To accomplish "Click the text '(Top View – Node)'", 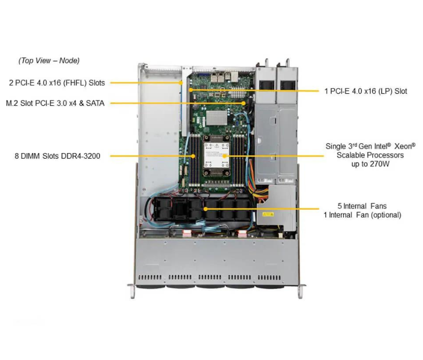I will [x=49, y=61].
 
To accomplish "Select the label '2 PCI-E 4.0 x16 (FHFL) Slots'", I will [x=57, y=82].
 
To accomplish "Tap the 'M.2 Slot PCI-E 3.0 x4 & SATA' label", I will [x=55, y=103].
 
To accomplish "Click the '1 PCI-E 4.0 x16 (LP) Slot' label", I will [x=365, y=91].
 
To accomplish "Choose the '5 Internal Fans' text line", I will [x=363, y=206].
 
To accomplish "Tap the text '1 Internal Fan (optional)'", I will [x=362, y=215].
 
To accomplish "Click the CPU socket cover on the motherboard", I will [x=217, y=155].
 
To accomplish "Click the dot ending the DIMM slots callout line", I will [x=193, y=156].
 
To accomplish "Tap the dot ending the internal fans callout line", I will [x=206, y=209].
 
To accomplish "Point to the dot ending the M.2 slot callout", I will [x=244, y=103].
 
